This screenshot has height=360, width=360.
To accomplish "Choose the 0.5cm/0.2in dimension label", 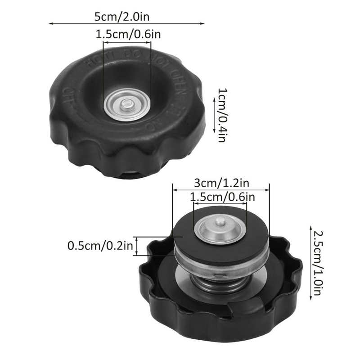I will (x=100, y=246).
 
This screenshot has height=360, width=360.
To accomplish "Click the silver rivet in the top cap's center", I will (x=126, y=106).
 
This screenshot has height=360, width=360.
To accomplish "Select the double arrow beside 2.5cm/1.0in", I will (x=310, y=263).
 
